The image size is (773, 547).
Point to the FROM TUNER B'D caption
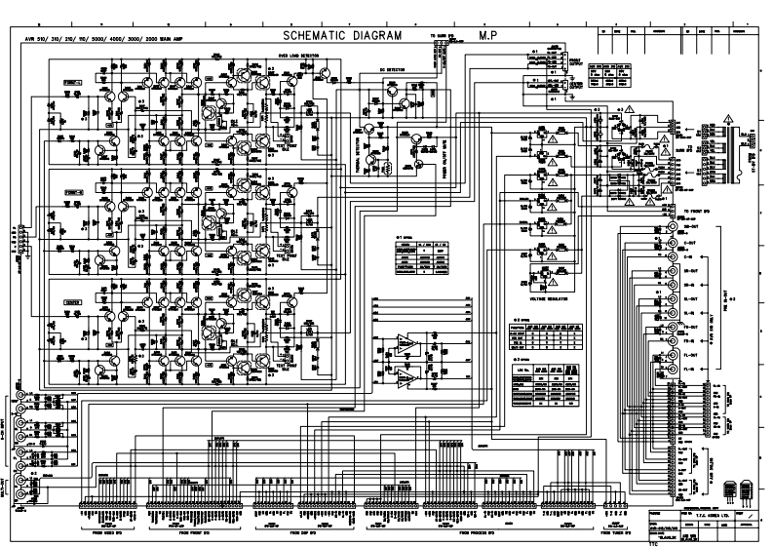(620, 531)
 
